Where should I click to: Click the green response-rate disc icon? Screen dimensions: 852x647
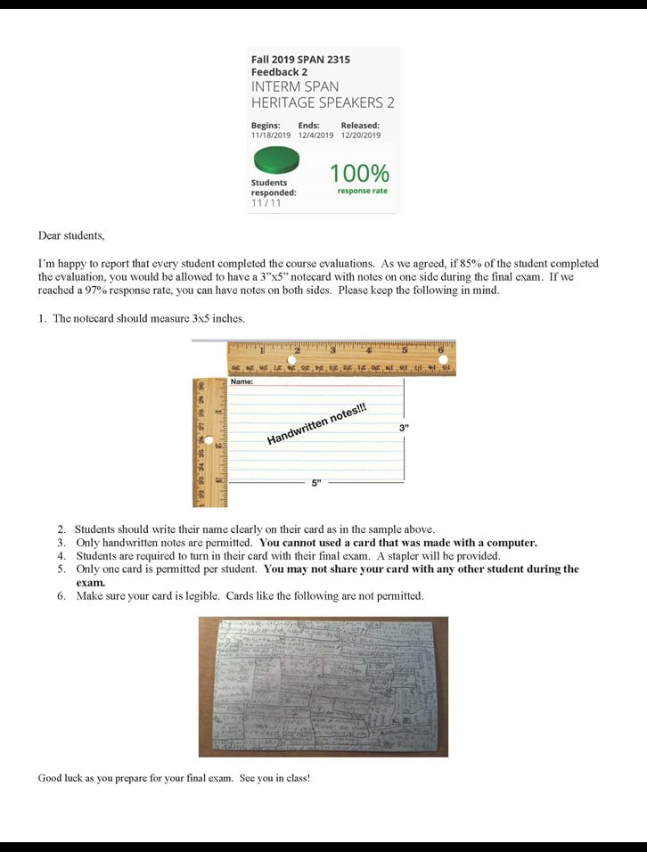[275, 161]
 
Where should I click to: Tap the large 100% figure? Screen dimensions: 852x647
[359, 172]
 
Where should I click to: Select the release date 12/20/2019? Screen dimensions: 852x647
[360, 135]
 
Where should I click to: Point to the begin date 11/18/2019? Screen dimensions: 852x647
[271, 135]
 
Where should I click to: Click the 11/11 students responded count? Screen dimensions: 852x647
[266, 203]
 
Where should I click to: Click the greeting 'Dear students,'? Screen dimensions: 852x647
[71, 236]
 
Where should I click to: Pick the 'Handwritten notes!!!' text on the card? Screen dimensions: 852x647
[317, 424]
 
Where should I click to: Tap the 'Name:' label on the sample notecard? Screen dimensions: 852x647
[242, 382]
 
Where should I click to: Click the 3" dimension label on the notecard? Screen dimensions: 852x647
[404, 429]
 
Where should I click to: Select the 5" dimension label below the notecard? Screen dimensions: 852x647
[316, 483]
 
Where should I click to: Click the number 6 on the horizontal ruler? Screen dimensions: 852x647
[440, 349]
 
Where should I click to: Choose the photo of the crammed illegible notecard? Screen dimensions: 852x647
[323, 686]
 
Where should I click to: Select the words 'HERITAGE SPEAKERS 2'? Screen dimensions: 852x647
[323, 102]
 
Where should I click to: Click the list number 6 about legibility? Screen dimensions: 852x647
[61, 595]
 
